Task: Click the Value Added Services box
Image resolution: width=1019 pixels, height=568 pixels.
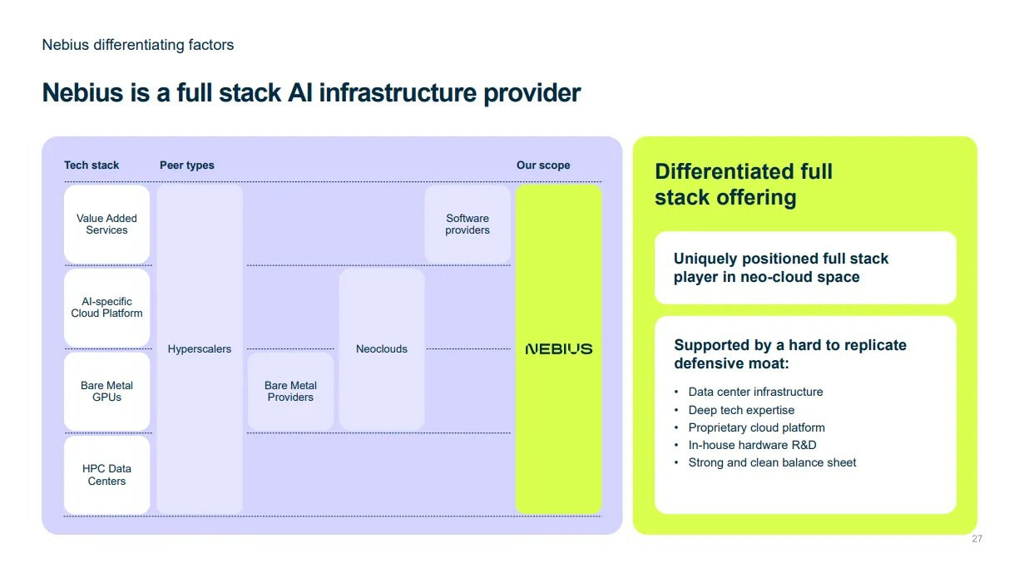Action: click(x=107, y=224)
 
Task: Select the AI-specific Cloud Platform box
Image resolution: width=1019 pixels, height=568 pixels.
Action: click(x=107, y=308)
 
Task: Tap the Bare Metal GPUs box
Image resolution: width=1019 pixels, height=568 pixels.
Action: click(x=107, y=391)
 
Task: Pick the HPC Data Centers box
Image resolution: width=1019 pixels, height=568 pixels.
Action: click(x=107, y=475)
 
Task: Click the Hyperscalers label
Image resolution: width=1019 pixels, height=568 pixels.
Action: click(x=200, y=348)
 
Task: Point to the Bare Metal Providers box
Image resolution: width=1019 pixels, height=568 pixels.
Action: click(x=290, y=391)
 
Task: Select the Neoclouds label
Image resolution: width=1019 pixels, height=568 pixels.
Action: click(x=382, y=348)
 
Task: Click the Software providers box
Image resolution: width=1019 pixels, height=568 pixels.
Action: click(x=467, y=224)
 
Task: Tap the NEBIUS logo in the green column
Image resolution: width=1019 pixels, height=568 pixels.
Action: click(x=559, y=348)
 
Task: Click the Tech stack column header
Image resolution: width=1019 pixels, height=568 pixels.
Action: click(x=92, y=165)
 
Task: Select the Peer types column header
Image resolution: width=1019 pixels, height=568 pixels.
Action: click(x=187, y=165)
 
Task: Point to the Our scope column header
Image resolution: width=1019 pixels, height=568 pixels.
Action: click(x=543, y=165)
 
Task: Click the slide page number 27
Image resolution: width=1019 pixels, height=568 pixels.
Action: click(x=977, y=539)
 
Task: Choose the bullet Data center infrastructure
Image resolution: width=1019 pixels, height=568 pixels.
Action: click(x=755, y=392)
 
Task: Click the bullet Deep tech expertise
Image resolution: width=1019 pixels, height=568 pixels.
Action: click(x=741, y=410)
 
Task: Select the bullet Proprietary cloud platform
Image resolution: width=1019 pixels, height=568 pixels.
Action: click(x=756, y=427)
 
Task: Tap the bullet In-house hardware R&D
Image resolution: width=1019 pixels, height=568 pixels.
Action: click(x=752, y=445)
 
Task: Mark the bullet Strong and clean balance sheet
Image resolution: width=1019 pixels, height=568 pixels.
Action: click(x=772, y=462)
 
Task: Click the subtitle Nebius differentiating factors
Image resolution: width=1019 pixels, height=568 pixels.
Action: click(x=138, y=45)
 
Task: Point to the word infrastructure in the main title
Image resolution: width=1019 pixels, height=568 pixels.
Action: click(x=397, y=93)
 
